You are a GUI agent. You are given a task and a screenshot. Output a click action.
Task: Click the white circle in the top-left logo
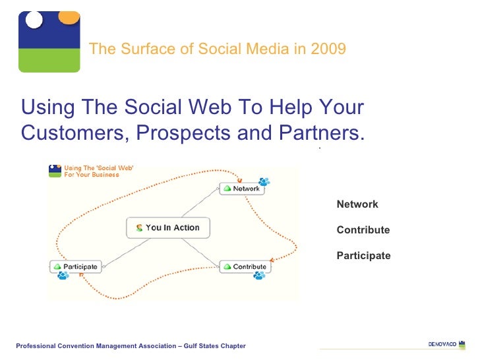click(34, 20)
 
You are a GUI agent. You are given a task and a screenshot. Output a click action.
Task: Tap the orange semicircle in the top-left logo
click(69, 16)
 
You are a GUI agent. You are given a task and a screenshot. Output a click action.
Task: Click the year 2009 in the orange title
click(330, 49)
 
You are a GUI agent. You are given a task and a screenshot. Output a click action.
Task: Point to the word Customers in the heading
click(71, 133)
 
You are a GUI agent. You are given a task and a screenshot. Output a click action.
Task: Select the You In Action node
click(167, 227)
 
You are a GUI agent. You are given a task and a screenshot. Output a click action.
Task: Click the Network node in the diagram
click(241, 189)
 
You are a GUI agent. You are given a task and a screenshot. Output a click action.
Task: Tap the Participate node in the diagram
click(76, 266)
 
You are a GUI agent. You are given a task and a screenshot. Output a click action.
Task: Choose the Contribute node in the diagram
click(245, 266)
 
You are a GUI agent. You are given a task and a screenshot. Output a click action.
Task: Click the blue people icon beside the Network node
click(264, 181)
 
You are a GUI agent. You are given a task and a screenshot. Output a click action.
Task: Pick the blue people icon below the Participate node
click(63, 276)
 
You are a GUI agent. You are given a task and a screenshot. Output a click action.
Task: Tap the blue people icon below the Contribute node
click(259, 276)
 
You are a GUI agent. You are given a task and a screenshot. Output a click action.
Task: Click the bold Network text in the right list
click(357, 204)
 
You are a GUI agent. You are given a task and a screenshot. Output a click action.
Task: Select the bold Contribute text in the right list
click(363, 230)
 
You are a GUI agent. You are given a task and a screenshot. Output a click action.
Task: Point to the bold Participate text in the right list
click(363, 256)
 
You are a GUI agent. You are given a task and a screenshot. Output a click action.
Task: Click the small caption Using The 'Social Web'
click(98, 169)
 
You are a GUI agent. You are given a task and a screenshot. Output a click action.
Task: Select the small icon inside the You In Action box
click(139, 228)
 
